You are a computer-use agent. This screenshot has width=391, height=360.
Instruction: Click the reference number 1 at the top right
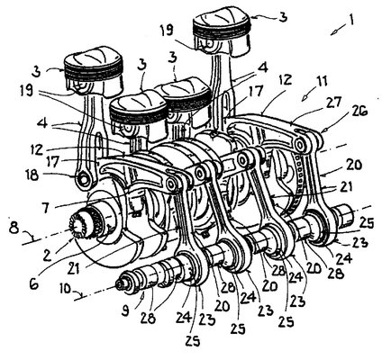[350, 20]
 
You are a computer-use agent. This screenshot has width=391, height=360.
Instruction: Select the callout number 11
[322, 82]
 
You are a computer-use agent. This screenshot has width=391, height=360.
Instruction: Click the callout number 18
[32, 175]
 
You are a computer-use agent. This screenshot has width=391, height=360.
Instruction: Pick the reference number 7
[46, 207]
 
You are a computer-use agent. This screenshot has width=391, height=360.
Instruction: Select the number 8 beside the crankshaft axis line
[13, 228]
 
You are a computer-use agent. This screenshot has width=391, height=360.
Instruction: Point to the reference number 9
[125, 310]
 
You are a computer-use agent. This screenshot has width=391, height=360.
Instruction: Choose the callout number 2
[47, 255]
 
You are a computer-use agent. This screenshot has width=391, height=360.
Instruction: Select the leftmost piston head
[94, 70]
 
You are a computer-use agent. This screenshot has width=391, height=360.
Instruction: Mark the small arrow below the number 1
[337, 31]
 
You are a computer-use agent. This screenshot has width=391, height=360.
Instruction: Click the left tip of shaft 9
[118, 284]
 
